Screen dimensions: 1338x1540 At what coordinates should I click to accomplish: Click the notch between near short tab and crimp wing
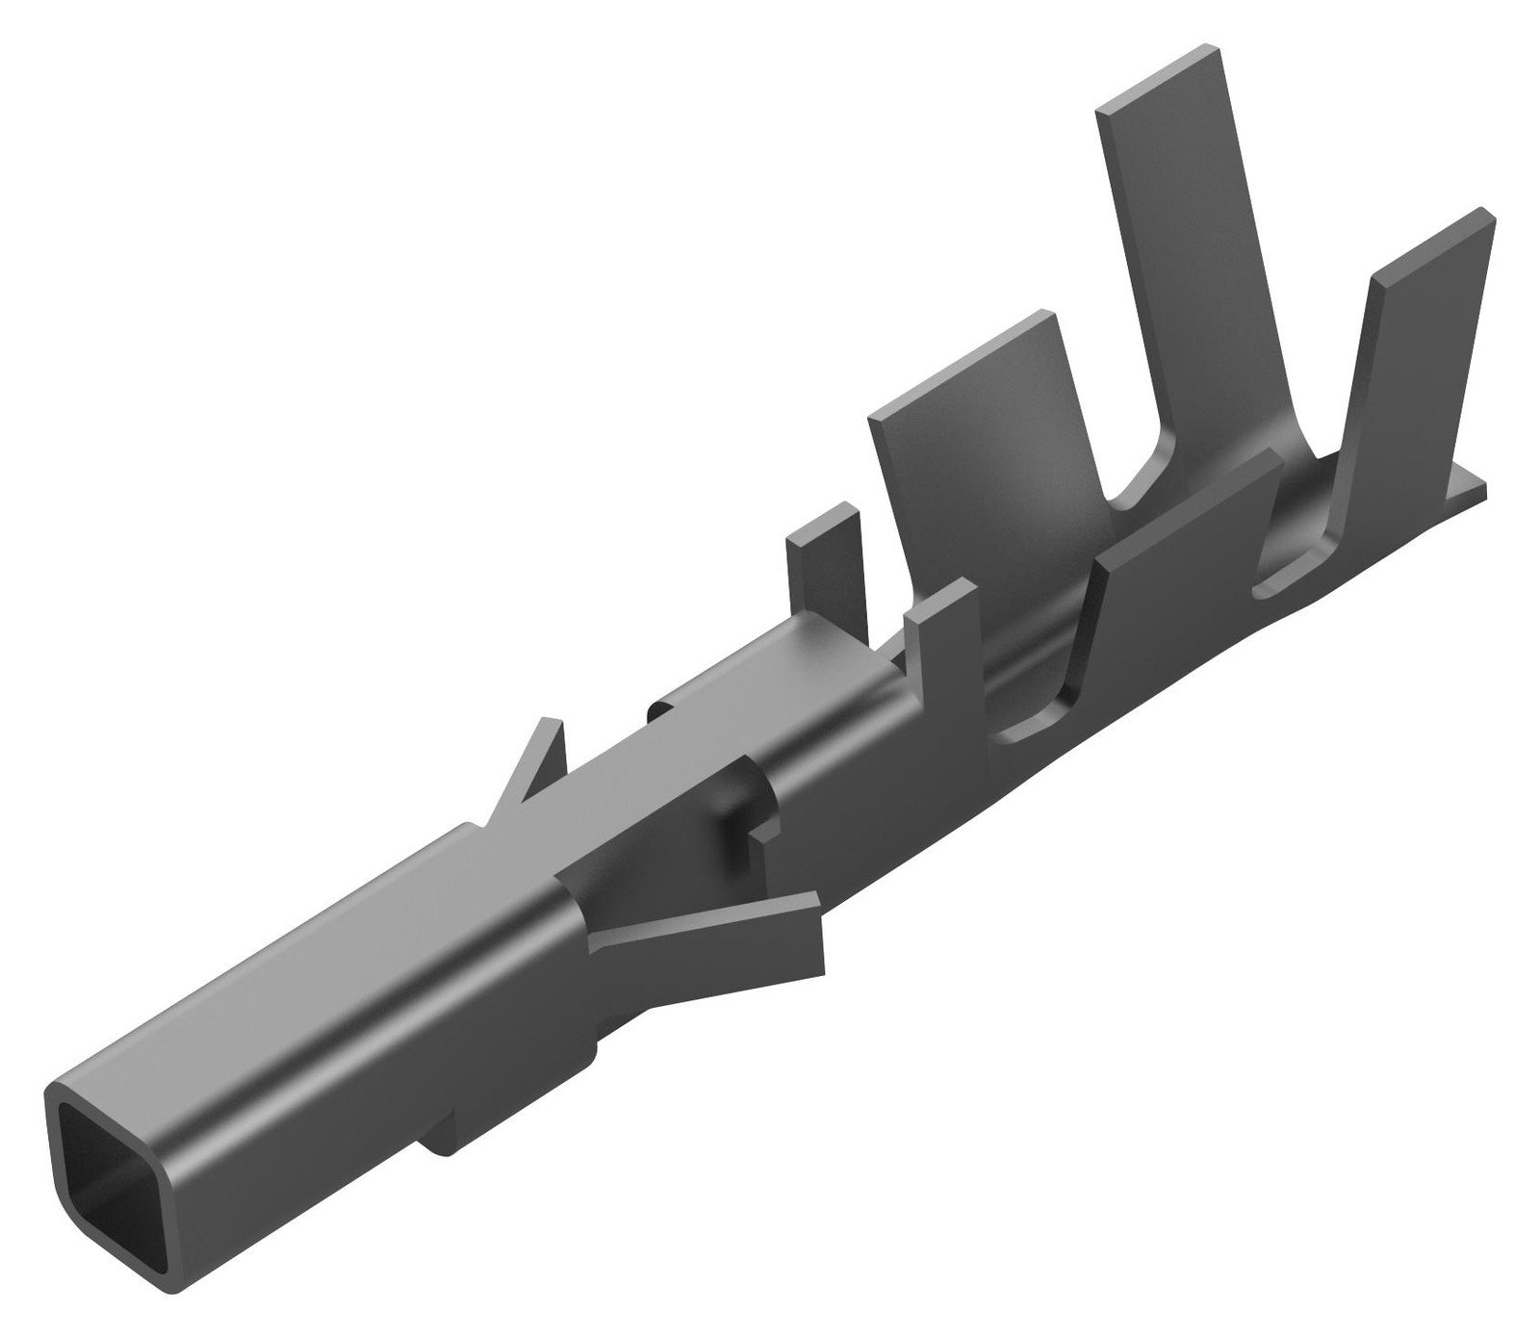[1030, 712]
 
